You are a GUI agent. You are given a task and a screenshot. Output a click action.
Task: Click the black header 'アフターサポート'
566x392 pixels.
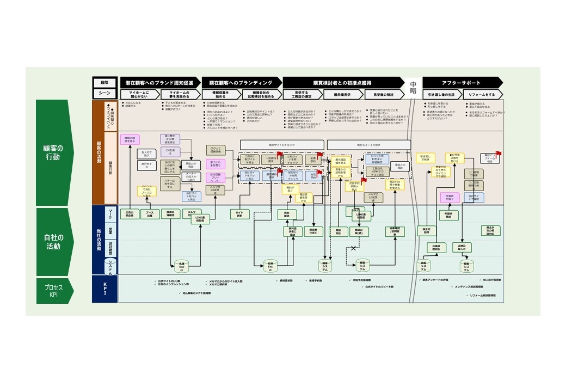pos(462,83)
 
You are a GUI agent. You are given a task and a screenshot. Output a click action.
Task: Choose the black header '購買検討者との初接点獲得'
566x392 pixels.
pos(342,83)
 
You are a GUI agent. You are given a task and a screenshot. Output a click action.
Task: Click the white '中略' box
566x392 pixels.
pos(413,88)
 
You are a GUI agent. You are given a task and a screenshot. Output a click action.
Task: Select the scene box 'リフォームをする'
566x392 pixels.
pos(482,94)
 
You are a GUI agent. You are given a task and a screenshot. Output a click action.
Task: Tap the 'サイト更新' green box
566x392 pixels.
pos(239,214)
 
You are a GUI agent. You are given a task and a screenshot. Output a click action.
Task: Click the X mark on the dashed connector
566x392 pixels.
pos(353,248)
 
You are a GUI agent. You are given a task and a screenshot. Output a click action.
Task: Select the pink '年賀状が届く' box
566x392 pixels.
pos(450,199)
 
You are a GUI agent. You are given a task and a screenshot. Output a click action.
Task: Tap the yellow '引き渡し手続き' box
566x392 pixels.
pos(424,158)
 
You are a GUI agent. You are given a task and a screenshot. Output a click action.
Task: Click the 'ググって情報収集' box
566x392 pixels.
pos(216,150)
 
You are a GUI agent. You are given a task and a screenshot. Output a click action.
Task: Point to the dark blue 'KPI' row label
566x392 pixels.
pos(105,289)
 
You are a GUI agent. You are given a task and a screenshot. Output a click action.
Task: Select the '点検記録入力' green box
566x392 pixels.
pos(462,247)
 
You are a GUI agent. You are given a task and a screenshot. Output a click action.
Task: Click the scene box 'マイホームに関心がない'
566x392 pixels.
pos(139,94)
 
